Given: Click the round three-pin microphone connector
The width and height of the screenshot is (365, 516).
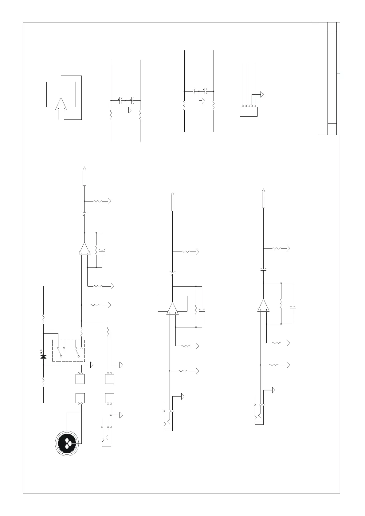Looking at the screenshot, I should pos(67,443).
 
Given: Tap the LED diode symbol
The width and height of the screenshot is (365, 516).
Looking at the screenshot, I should pos(43,357).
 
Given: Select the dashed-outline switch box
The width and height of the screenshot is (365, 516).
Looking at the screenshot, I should pos(68,350).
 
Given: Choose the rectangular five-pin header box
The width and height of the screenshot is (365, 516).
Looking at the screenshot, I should pos(249,111).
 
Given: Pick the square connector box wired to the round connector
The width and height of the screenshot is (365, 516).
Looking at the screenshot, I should pos(80,398).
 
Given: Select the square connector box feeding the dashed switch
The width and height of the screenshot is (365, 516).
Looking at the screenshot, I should pos(80,379).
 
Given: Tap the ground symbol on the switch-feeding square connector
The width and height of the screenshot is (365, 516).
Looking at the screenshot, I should pos(92,365).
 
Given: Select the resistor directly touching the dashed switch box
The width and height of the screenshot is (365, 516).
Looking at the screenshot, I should pos(81,332).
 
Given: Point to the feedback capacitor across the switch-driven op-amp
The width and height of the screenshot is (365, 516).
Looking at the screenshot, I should pos(102,251).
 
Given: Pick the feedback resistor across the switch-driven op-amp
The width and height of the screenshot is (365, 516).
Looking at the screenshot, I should pos(96,250).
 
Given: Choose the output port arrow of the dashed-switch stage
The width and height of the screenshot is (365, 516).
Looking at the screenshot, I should pos(84,177).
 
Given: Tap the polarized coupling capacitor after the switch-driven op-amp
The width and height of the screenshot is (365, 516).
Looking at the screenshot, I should pos(84,213).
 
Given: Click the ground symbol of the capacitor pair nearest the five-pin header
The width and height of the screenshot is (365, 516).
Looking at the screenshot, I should pos(202,101).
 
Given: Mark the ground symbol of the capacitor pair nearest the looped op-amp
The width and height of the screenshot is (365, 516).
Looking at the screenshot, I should pos(130,110).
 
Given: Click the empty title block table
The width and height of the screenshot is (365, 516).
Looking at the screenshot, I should pos(326,78).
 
